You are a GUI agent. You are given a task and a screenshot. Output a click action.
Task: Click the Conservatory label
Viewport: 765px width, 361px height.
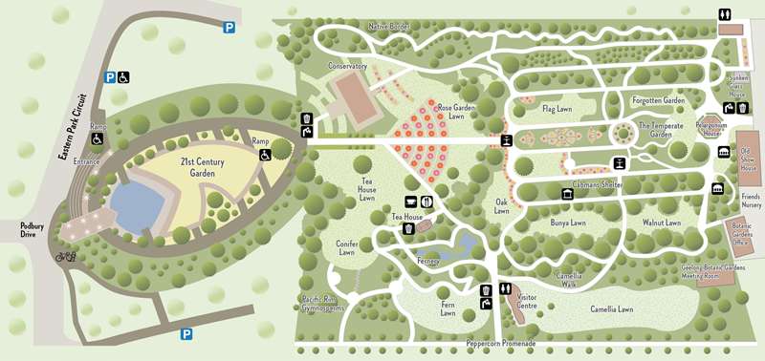347,66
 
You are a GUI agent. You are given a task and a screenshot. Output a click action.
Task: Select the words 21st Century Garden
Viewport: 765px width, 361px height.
203,167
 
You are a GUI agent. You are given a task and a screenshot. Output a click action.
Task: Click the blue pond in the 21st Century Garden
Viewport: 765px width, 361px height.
140,202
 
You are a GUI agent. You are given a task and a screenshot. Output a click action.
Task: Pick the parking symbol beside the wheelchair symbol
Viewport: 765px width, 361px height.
111,77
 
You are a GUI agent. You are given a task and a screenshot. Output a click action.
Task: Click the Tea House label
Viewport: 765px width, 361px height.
406,218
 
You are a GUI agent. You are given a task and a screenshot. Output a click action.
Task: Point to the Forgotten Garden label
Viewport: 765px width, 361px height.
659,100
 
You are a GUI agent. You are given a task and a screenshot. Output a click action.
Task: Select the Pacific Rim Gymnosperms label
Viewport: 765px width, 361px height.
319,303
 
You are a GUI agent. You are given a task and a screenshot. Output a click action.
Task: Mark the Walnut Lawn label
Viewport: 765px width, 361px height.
662,223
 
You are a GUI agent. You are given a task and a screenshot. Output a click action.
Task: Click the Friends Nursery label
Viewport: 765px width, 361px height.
749,200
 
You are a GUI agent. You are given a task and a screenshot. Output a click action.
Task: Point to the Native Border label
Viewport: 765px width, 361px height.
390,26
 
